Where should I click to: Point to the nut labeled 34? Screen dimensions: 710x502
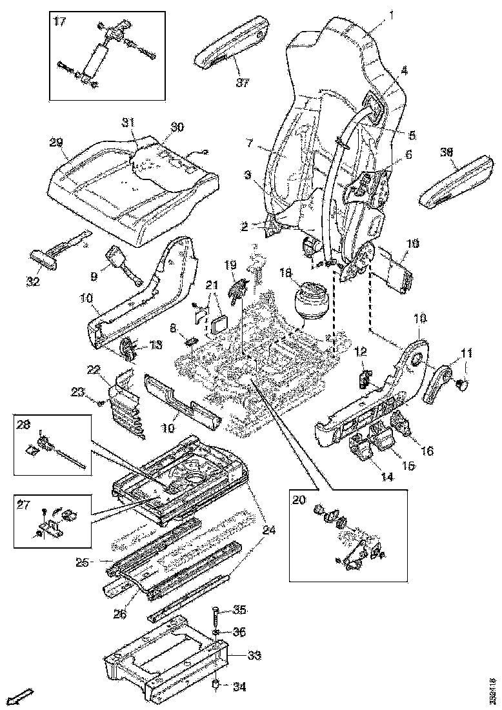[x=217, y=685]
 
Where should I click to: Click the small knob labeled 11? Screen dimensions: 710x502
[x=462, y=385]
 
